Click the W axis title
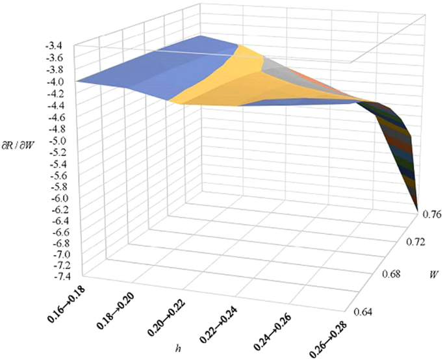pyautogui.click(x=422, y=273)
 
